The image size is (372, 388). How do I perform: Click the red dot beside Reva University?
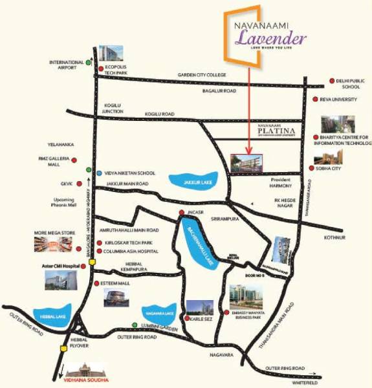314,100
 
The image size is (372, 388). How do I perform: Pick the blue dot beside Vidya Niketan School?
98,173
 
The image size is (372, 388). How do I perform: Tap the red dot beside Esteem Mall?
95,284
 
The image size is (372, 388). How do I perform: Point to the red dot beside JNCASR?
181,213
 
